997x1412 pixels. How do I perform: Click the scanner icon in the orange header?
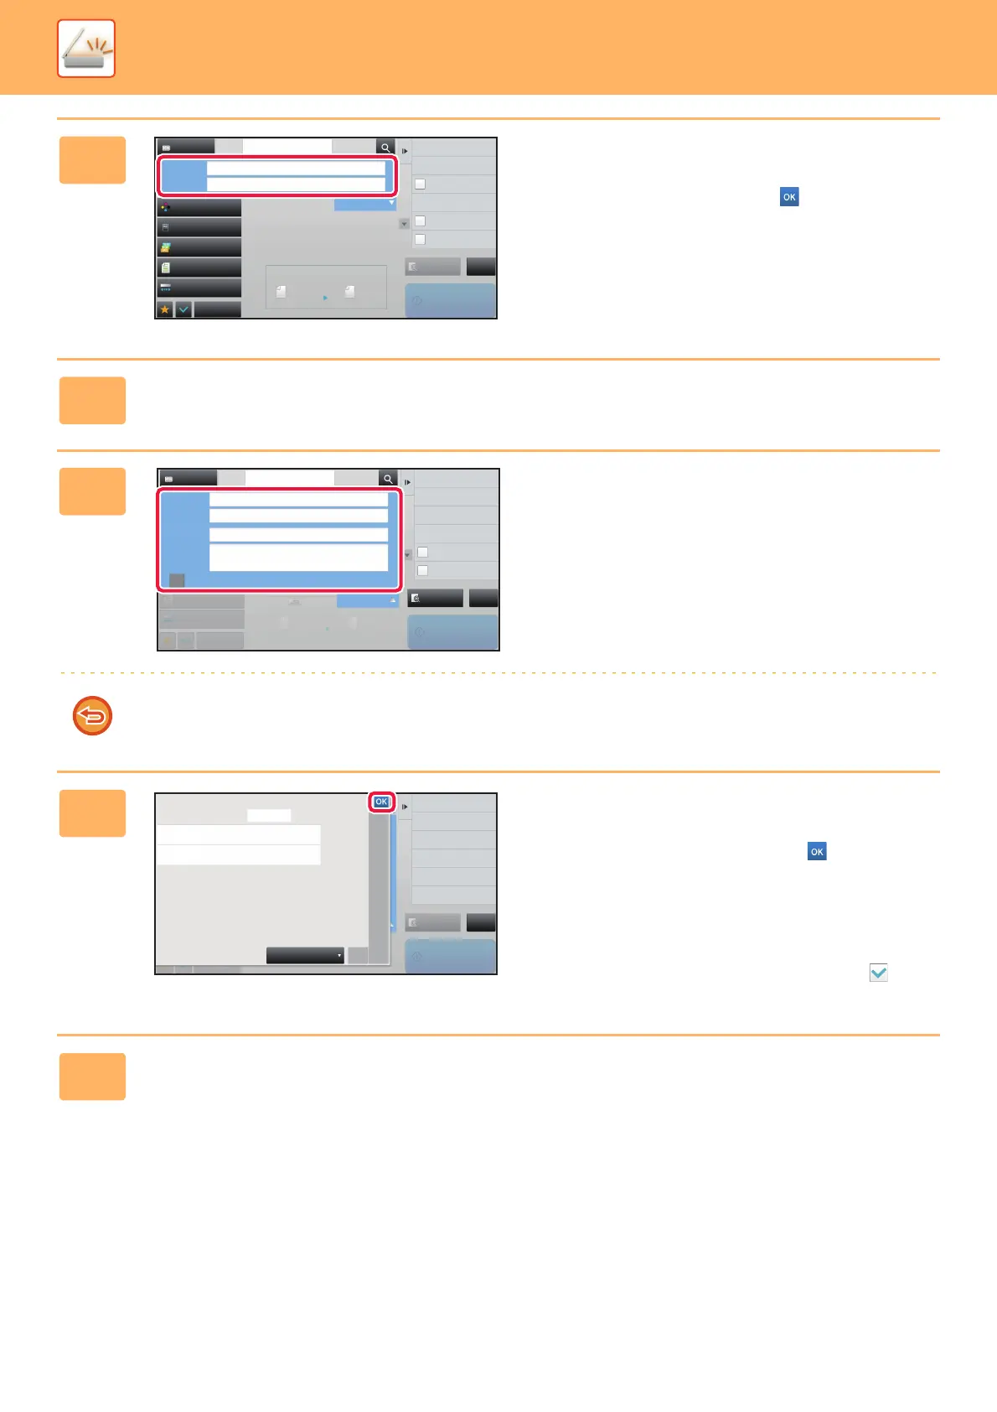coord(86,49)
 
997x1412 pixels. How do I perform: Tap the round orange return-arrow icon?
coord(92,716)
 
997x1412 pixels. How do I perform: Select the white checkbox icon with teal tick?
coord(878,973)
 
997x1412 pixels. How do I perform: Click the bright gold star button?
coord(165,309)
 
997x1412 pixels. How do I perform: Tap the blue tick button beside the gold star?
coord(183,309)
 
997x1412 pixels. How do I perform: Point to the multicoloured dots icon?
coord(166,207)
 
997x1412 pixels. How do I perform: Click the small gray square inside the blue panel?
coord(177,580)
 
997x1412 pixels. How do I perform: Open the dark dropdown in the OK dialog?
coord(305,956)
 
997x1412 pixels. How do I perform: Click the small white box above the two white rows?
coord(269,815)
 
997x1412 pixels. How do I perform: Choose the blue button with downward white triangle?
coord(364,204)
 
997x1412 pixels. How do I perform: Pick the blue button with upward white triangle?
coord(367,601)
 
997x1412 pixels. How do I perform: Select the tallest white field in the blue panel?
coord(298,558)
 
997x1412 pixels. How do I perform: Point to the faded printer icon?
coord(294,601)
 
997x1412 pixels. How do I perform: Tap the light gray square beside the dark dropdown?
coord(358,956)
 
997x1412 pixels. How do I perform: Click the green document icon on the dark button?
coord(166,267)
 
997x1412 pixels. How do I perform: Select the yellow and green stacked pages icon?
coord(166,247)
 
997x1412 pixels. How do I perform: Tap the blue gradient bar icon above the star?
coord(166,288)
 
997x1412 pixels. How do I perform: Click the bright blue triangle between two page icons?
coord(325,298)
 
